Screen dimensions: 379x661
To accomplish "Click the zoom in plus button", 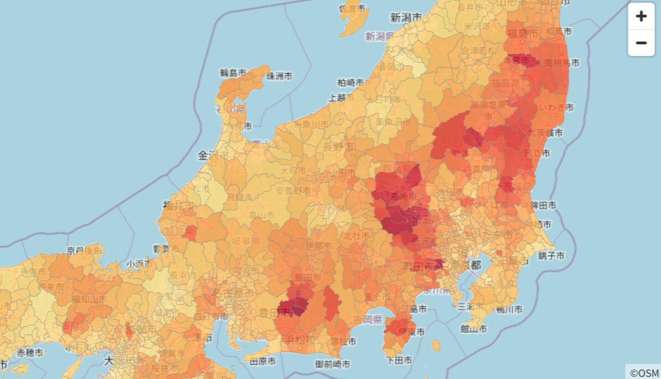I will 641,16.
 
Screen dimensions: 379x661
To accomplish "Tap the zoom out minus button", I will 641,43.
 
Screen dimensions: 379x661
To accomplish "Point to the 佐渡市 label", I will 353,9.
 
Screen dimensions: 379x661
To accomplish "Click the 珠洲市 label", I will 280,76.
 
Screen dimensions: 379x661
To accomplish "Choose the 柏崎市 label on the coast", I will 351,83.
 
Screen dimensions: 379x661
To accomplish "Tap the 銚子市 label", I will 551,255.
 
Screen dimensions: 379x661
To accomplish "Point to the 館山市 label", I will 473,329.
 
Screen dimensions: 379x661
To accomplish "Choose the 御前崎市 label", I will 332,364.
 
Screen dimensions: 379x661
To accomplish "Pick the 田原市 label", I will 263,362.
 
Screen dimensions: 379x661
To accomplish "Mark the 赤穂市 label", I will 29,352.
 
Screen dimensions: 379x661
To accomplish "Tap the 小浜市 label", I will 138,264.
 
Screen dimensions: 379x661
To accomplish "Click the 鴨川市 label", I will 509,309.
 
